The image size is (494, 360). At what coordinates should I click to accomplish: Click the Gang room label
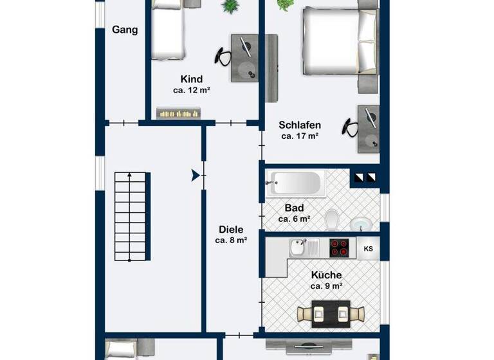tap(125, 30)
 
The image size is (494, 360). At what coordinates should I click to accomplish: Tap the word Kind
tap(191, 79)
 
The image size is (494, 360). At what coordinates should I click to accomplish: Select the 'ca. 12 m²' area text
tap(192, 91)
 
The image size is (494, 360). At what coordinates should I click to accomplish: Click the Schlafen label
tap(300, 125)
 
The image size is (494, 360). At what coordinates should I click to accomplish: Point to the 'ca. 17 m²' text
tap(300, 136)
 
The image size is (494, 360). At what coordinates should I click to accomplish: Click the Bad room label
tap(294, 208)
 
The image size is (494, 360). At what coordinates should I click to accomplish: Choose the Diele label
tap(231, 229)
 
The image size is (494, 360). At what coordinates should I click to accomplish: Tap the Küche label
tap(325, 274)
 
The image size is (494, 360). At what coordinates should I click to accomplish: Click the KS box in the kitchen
tap(368, 249)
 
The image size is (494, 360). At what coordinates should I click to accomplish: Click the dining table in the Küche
tap(331, 313)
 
